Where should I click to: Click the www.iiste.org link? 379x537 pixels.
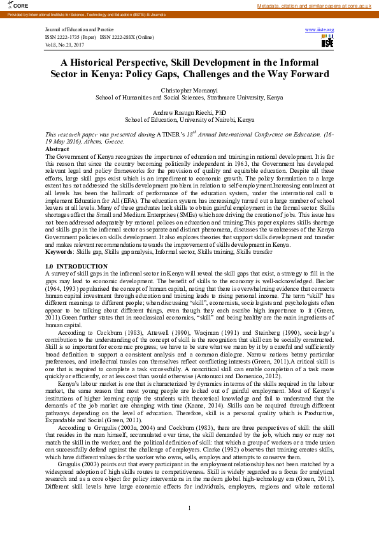[x=320, y=30]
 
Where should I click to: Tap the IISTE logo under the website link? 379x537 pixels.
[x=327, y=42]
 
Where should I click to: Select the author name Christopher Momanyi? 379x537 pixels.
[x=189, y=91]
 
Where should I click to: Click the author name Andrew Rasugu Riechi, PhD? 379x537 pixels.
[x=189, y=112]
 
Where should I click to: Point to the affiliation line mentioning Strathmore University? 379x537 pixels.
[x=189, y=98]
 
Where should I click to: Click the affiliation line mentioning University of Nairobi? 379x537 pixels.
[x=189, y=119]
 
